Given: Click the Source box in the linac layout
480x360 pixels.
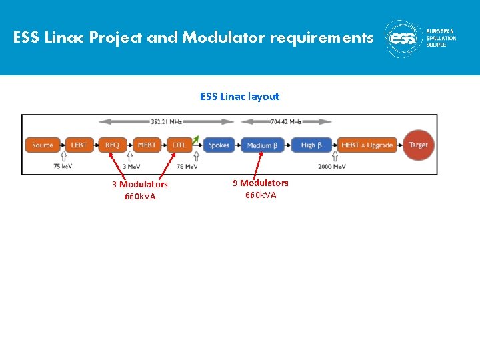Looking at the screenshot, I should pyautogui.click(x=43, y=145).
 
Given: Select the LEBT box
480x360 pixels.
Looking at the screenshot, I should pyautogui.click(x=79, y=145).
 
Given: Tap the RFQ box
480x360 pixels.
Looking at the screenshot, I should pyautogui.click(x=113, y=145).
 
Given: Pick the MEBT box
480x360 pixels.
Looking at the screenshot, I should pyautogui.click(x=147, y=145).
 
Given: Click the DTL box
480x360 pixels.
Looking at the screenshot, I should pyautogui.click(x=179, y=145).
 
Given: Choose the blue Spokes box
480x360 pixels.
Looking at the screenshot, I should pyautogui.click(x=219, y=145).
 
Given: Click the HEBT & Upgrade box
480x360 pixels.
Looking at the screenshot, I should pyautogui.click(x=367, y=145).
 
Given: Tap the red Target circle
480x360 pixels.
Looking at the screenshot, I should pyautogui.click(x=419, y=145).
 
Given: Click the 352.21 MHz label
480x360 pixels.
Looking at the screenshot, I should pyautogui.click(x=166, y=122).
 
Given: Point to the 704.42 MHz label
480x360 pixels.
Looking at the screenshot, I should pyautogui.click(x=287, y=122).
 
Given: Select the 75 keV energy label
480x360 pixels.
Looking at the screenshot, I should pyautogui.click(x=64, y=166).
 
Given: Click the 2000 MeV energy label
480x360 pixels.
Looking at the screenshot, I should pyautogui.click(x=331, y=166).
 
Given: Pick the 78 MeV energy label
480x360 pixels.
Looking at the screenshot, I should pyautogui.click(x=186, y=166).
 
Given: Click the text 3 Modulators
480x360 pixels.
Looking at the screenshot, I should pyautogui.click(x=140, y=184).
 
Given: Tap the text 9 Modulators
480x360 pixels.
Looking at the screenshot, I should pyautogui.click(x=261, y=183).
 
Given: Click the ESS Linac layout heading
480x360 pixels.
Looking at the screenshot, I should pyautogui.click(x=240, y=97).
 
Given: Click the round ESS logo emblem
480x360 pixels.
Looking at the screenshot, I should pyautogui.click(x=403, y=39).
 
